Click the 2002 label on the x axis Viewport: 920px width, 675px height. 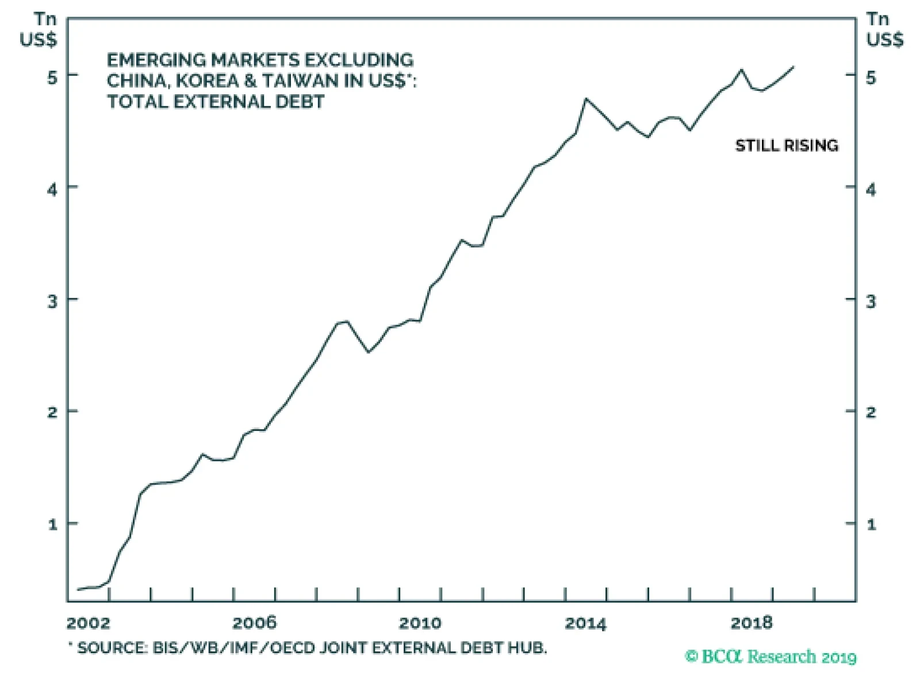coord(88,623)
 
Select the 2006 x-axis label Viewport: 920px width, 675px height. coord(254,623)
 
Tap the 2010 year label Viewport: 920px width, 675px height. coord(420,623)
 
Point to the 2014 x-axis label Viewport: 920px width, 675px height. coord(585,623)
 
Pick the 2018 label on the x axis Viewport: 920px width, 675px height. coord(752,623)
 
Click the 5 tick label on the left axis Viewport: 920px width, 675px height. coord(52,77)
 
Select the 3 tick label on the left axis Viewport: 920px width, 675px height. coord(52,301)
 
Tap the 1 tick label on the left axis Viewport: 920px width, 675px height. coord(53,525)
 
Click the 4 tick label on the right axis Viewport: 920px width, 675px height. coord(871,189)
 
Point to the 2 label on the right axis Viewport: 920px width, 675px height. coord(871,413)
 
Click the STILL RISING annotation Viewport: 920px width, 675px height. coord(787,146)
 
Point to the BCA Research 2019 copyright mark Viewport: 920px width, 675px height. coord(771,657)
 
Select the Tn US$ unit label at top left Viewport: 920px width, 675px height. coord(39,30)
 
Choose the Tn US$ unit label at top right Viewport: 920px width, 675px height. coord(884,30)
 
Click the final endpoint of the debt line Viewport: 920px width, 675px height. coord(793,67)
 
